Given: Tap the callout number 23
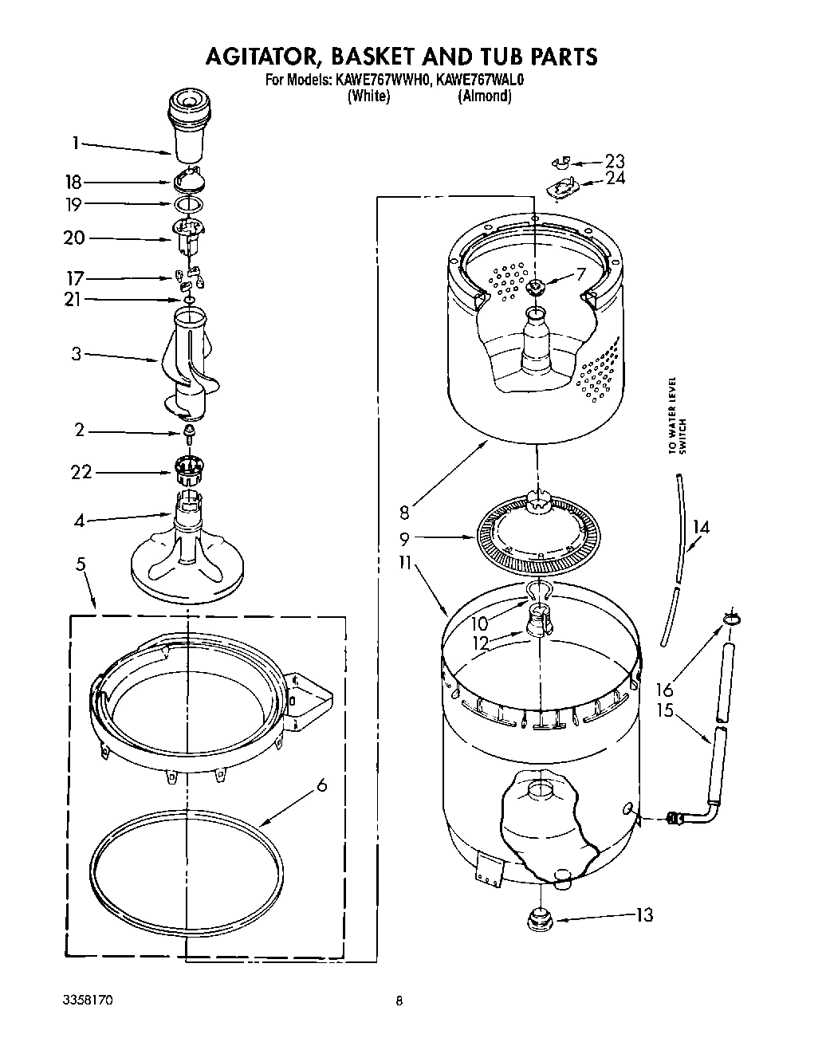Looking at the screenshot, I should [614, 161].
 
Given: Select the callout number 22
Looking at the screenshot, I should [81, 473].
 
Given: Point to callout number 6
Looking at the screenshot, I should [321, 785].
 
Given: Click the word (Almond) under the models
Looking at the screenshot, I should [484, 96].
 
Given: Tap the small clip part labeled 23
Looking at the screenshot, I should [560, 163].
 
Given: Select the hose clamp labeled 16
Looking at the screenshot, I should [731, 619].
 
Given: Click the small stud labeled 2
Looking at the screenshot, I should [190, 433].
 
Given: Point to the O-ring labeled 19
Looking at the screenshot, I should [188, 204].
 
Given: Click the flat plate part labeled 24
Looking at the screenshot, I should [563, 188].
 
